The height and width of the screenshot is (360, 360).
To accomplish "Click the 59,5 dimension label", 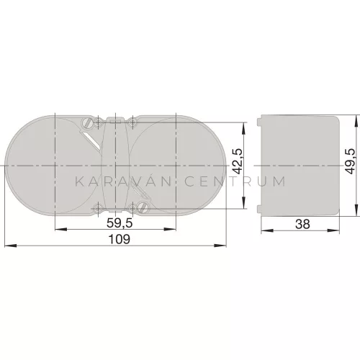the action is [120, 223].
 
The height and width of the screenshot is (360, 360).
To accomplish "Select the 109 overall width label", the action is [120, 239].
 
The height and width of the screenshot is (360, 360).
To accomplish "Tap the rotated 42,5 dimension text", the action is [238, 161].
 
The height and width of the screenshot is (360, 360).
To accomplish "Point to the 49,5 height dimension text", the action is [350, 161].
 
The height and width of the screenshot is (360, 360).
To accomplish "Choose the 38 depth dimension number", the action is [302, 224].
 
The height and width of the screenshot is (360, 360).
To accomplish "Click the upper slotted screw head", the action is [87, 123].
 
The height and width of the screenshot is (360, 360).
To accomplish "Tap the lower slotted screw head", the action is [143, 207].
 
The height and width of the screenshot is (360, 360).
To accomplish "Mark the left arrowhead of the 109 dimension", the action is [11, 246].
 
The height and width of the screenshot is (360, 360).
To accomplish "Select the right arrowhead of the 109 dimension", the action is [220, 246].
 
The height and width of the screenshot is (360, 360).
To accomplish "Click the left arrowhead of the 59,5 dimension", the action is [61, 230].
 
